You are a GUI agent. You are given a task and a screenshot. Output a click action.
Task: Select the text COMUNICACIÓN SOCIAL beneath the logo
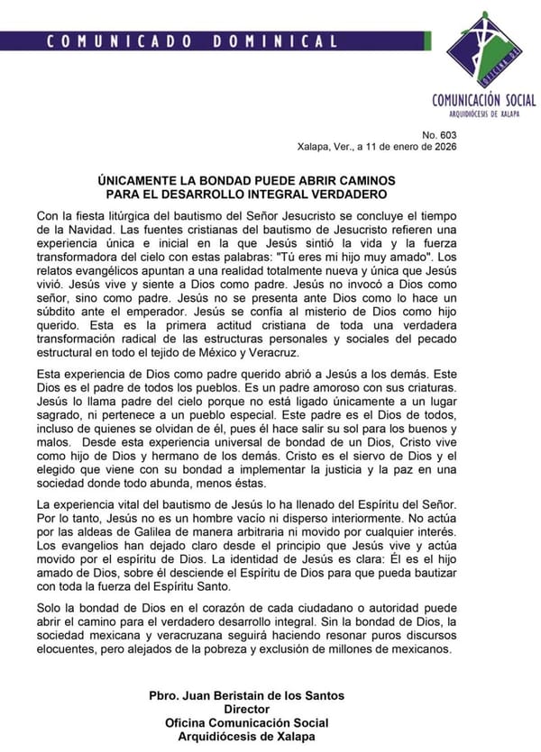pos(483,101)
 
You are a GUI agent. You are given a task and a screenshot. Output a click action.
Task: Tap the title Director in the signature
pos(246,709)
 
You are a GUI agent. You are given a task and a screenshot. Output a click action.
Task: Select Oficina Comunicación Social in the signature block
pos(246,722)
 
